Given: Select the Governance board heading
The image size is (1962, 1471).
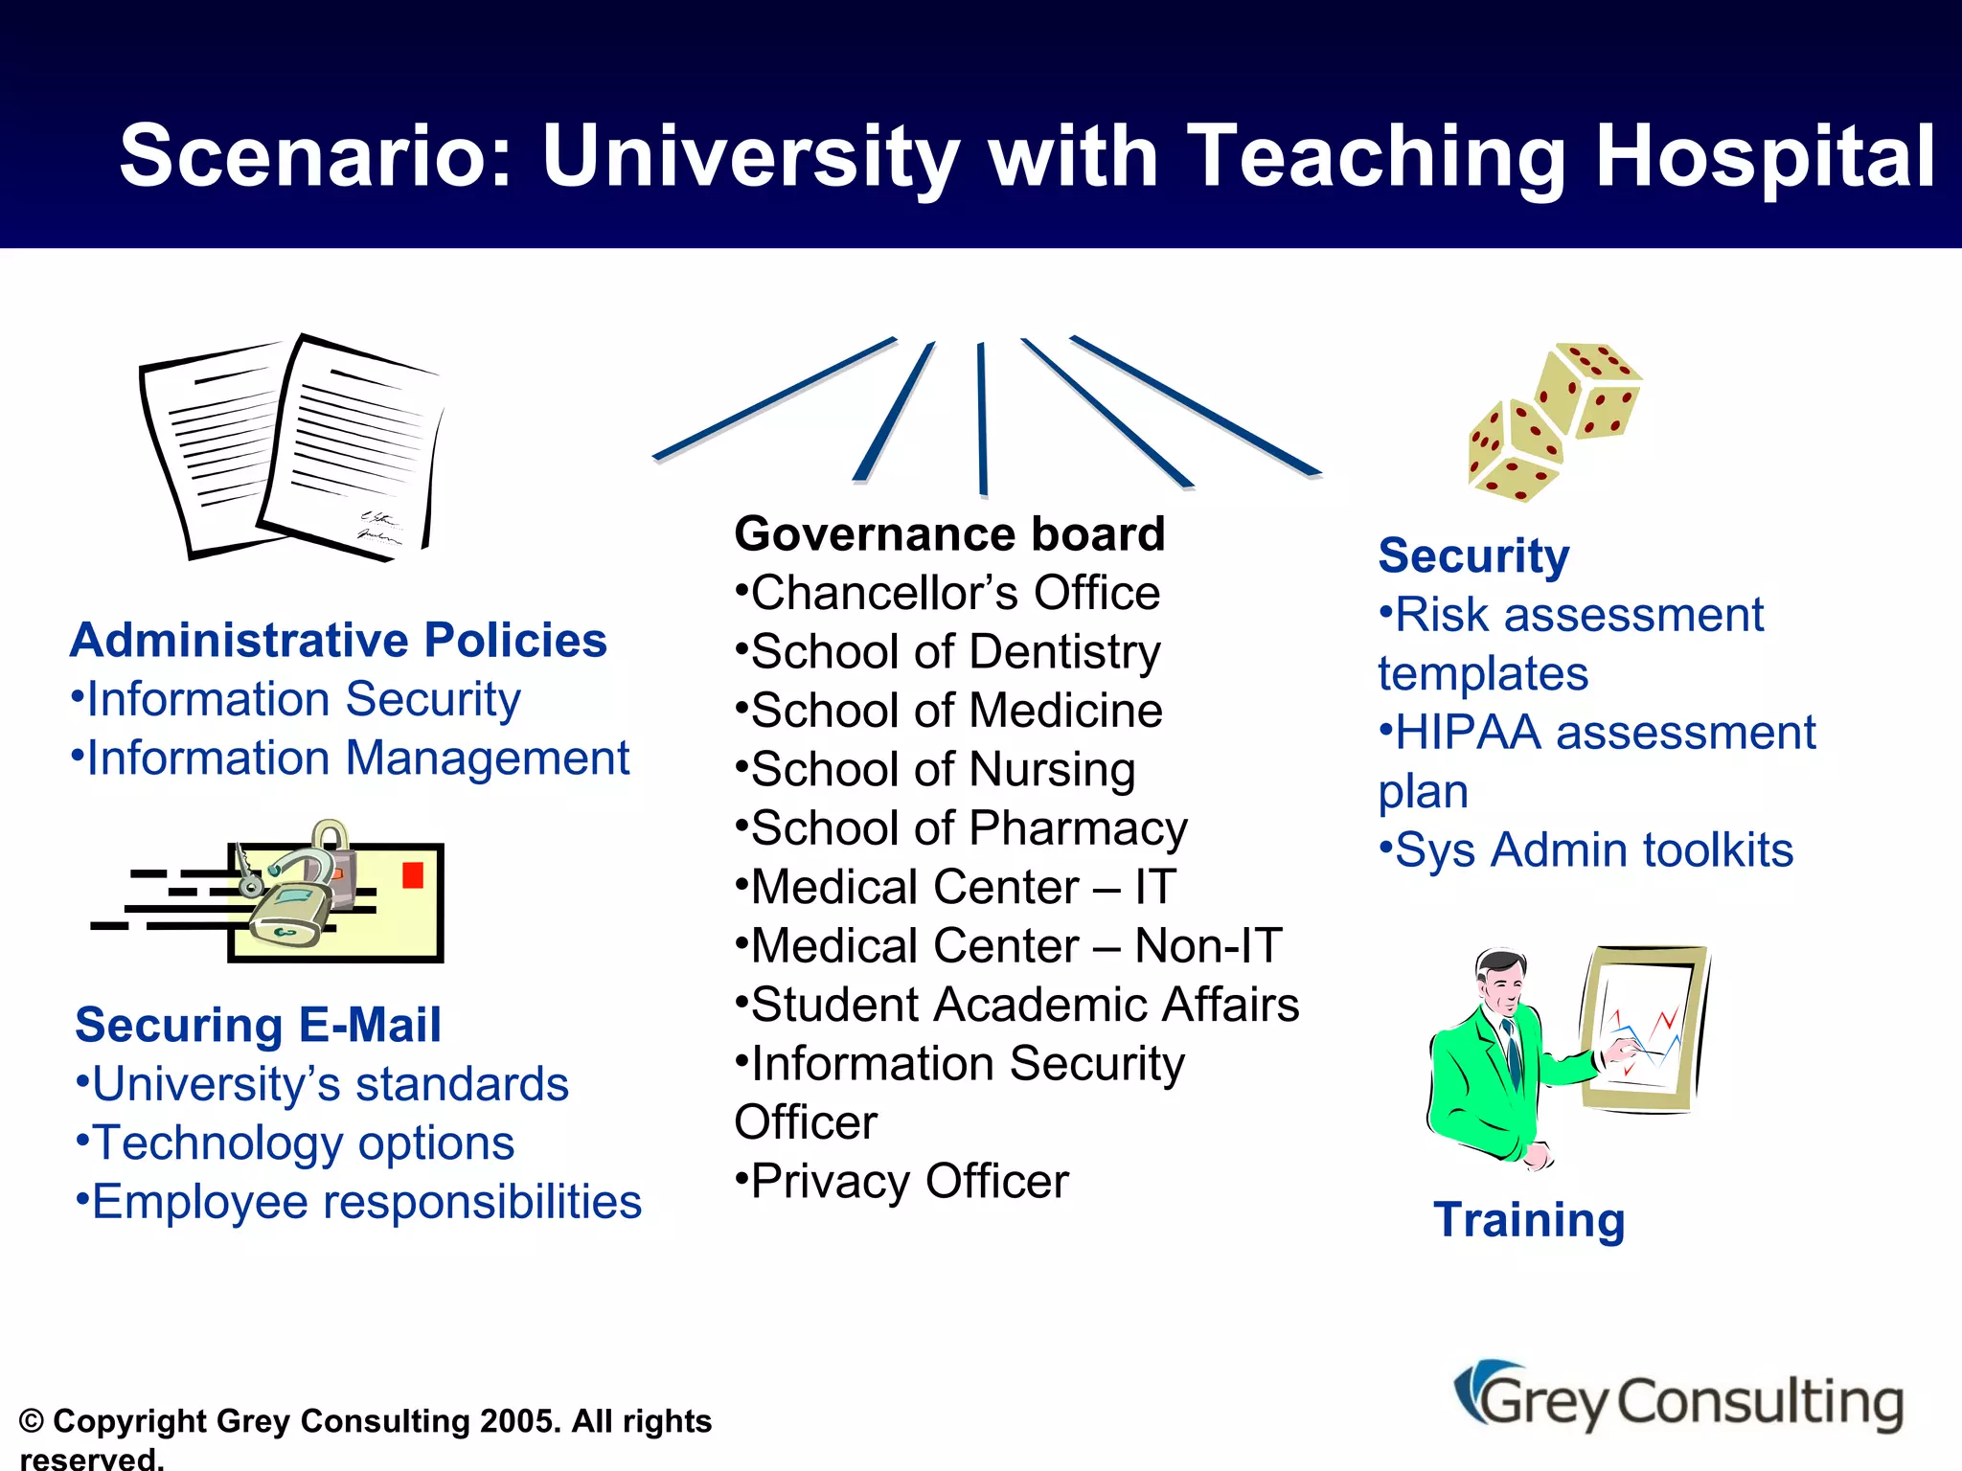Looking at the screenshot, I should (x=948, y=534).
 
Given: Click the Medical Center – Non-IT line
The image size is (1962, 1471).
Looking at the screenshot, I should (x=1009, y=946).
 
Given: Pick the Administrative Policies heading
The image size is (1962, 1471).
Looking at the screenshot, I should (x=338, y=641).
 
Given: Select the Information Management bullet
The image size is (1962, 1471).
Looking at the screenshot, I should (x=351, y=758).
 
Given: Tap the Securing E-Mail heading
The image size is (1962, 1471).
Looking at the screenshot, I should (x=258, y=1026).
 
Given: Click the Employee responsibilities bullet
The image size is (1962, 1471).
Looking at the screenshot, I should (x=359, y=1203).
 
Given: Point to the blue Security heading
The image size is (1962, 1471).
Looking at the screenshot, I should (x=1473, y=556).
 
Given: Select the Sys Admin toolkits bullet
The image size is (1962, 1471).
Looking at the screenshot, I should (x=1586, y=850).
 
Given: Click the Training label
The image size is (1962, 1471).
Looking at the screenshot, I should (x=1529, y=1221).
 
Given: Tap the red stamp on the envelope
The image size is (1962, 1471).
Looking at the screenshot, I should (x=413, y=875).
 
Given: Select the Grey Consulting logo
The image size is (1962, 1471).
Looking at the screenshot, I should (x=1678, y=1400).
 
